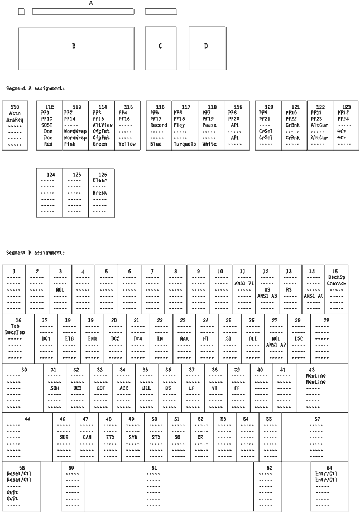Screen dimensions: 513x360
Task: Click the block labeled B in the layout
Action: pyautogui.click(x=74, y=46)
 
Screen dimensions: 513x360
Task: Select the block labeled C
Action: pyautogui.click(x=160, y=46)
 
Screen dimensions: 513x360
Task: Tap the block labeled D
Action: pyautogui.click(x=206, y=46)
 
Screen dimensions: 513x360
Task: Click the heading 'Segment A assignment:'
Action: pyautogui.click(x=35, y=88)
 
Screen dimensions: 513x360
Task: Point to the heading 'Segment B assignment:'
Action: pyautogui.click(x=35, y=253)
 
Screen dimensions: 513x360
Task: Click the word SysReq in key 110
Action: pyautogui.click(x=15, y=119)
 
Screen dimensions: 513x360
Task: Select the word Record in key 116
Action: pyautogui.click(x=159, y=125)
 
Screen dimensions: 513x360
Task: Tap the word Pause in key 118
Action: pyautogui.click(x=210, y=125)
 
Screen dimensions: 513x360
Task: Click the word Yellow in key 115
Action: pyautogui.click(x=127, y=144)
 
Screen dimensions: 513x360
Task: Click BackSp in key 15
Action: pyautogui.click(x=337, y=277)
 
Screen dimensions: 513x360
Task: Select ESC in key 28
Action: pyautogui.click(x=299, y=338)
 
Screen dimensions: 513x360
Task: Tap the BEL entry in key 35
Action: pyautogui.click(x=146, y=388)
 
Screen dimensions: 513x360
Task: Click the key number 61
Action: pyautogui.click(x=154, y=467)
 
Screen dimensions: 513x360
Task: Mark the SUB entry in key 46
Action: pyautogui.click(x=64, y=438)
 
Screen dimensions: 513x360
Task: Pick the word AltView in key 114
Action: pyautogui.click(x=101, y=125)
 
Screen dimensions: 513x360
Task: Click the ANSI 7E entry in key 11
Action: pyautogui.click(x=243, y=283)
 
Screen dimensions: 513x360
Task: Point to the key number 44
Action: pyautogui.click(x=27, y=418)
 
